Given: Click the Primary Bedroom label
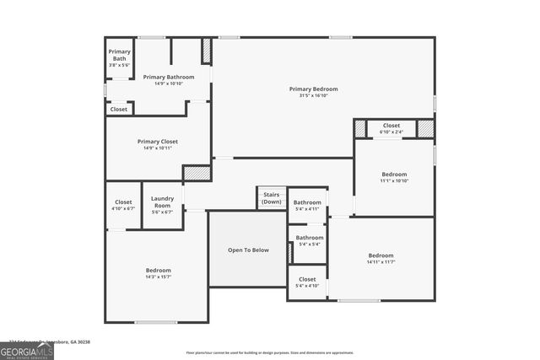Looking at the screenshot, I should pyautogui.click(x=313, y=89).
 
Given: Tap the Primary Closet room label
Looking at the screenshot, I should pyautogui.click(x=158, y=142).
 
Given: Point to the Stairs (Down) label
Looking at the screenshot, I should pyautogui.click(x=272, y=198).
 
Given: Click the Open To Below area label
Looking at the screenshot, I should pyautogui.click(x=248, y=250).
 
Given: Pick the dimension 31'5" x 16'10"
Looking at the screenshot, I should pyautogui.click(x=313, y=96).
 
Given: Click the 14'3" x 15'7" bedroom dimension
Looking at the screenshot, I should pyautogui.click(x=159, y=277).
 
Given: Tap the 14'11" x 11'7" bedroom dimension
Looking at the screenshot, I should pyautogui.click(x=381, y=262).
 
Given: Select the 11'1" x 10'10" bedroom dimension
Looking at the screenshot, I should pyautogui.click(x=394, y=180).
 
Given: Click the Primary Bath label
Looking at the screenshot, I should pyautogui.click(x=119, y=55).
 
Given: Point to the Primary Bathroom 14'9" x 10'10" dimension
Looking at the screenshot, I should pyautogui.click(x=169, y=83).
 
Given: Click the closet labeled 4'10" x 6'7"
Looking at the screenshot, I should pyautogui.click(x=123, y=207).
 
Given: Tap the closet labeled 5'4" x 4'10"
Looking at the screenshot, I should pyautogui.click(x=307, y=285).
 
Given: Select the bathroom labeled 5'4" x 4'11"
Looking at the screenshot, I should pyautogui.click(x=307, y=208).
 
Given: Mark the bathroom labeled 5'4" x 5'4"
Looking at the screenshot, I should pyautogui.click(x=309, y=244).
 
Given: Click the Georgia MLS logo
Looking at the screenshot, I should pyautogui.click(x=27, y=350).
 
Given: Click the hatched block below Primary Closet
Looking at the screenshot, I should pyautogui.click(x=197, y=172).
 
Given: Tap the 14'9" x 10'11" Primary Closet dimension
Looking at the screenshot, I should pyautogui.click(x=158, y=148).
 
